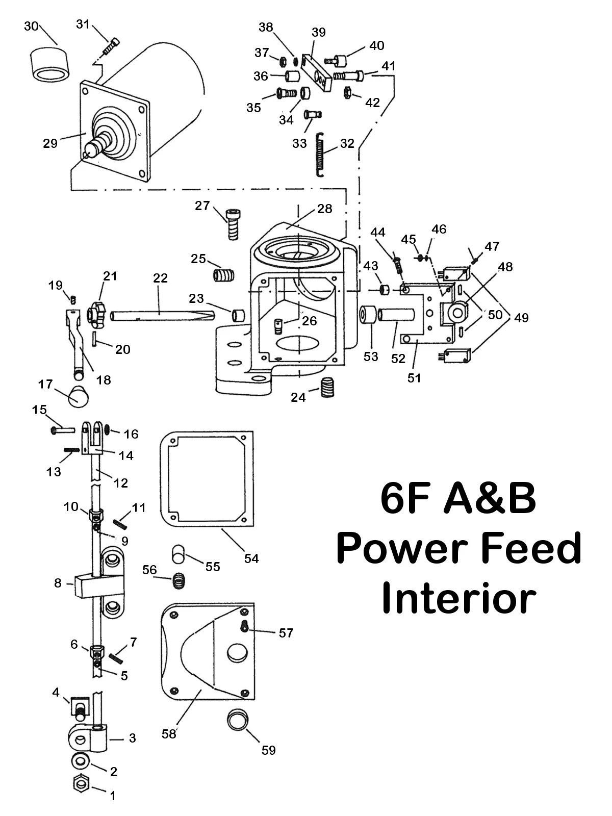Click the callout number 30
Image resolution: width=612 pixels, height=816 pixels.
(31, 26)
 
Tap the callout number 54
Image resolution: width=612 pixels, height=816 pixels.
(251, 558)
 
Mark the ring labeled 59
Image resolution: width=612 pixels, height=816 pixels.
(237, 720)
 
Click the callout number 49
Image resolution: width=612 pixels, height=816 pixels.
(521, 318)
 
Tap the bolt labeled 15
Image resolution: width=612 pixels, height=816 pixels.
(62, 430)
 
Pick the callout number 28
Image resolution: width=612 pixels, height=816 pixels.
(324, 209)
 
